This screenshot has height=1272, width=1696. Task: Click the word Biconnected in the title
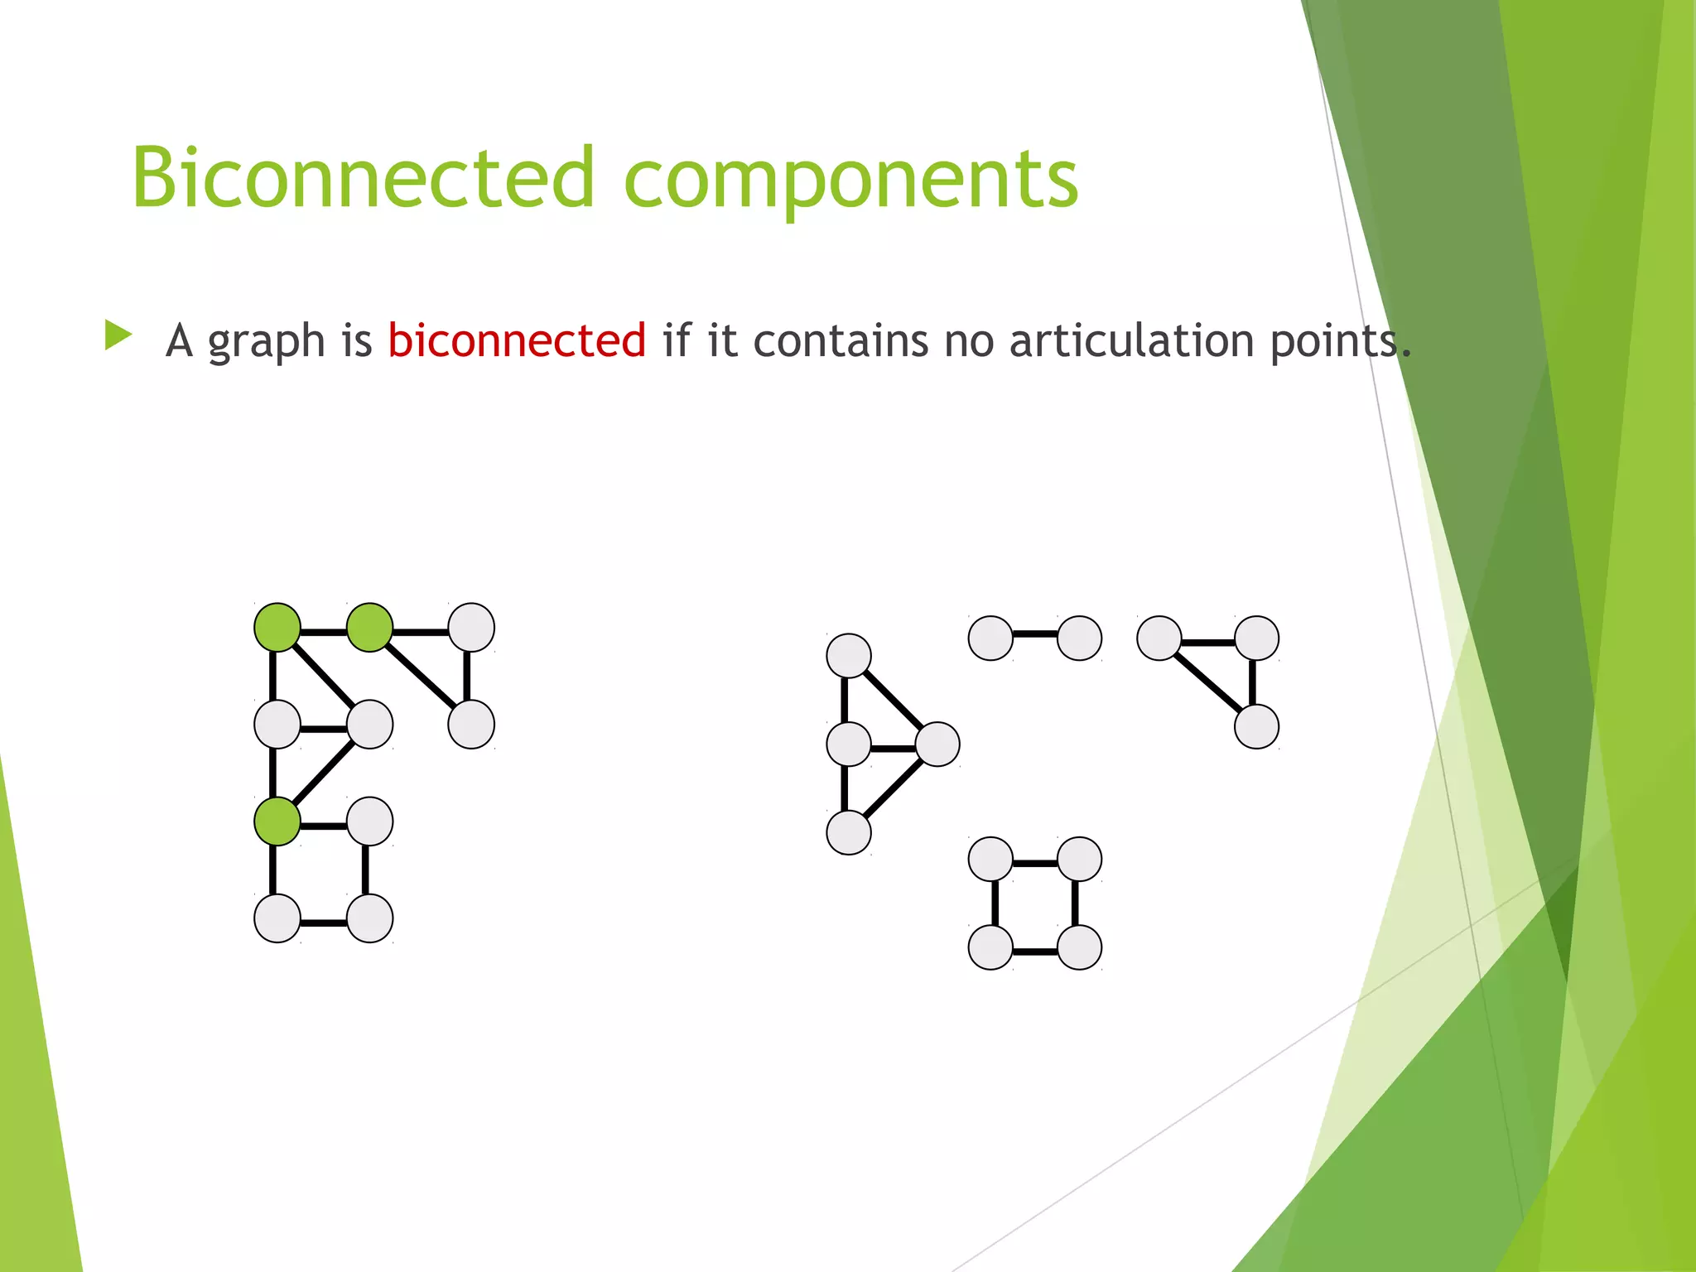(363, 178)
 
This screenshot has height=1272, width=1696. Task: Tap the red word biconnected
(517, 340)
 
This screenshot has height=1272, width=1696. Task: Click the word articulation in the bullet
(1131, 340)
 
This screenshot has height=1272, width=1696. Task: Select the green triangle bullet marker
(118, 335)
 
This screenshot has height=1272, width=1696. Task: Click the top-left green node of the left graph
(277, 627)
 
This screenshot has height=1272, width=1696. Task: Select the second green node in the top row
(369, 627)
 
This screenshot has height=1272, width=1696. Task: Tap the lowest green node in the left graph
(277, 821)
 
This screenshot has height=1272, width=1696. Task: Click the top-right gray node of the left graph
(471, 627)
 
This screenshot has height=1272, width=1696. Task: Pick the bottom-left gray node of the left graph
(277, 918)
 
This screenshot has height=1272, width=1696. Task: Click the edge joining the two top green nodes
(323, 631)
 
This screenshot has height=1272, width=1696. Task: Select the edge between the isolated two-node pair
(1035, 635)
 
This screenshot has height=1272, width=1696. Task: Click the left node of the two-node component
(990, 638)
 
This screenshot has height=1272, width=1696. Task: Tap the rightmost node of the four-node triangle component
(937, 744)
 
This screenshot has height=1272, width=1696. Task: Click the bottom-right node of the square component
(1079, 947)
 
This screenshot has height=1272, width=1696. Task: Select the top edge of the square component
(1035, 863)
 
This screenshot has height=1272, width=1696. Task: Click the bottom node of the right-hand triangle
(1256, 726)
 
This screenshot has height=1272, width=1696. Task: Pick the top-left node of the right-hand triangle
(1159, 638)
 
